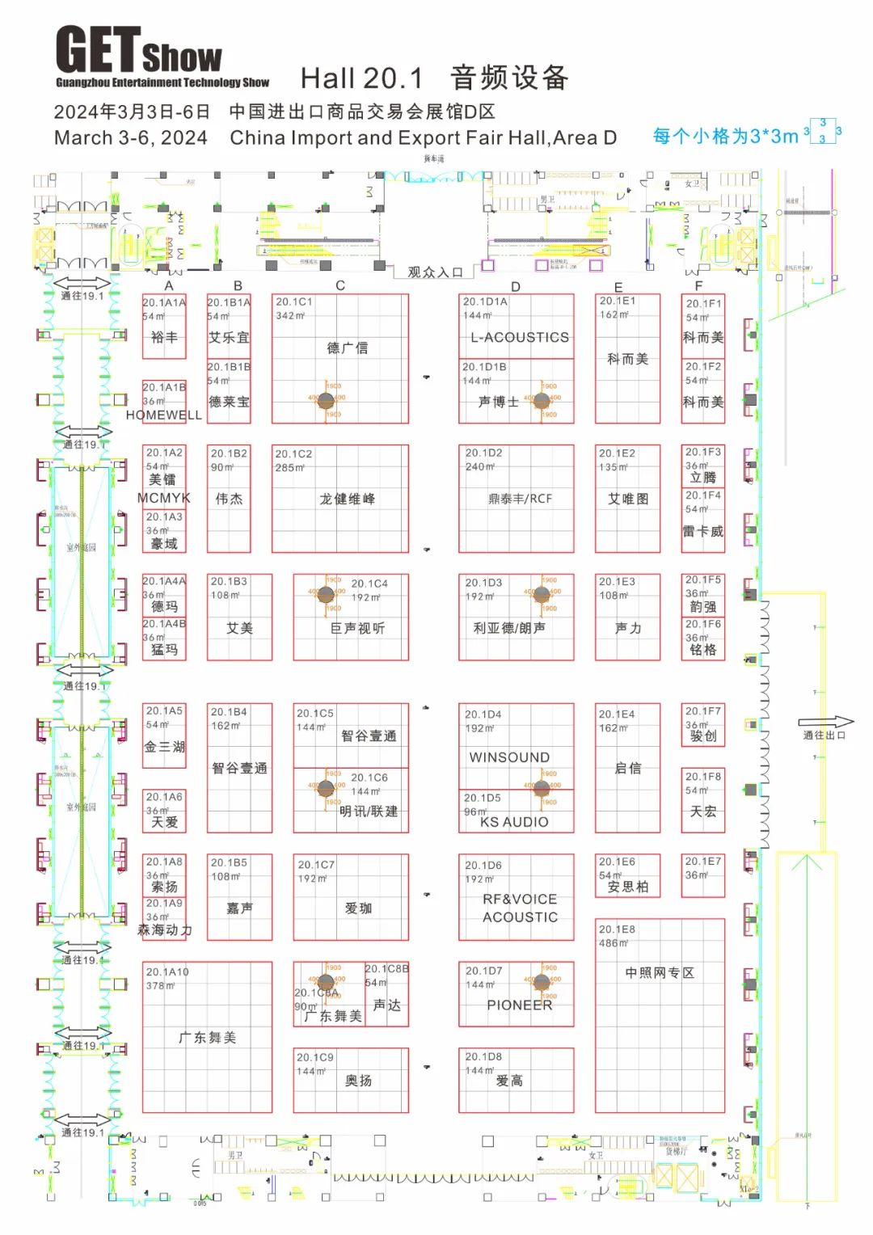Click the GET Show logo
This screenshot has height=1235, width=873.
point(162,57)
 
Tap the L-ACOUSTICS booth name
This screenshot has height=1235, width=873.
point(520,338)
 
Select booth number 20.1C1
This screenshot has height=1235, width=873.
point(293,302)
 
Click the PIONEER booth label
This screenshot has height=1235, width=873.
point(519,1005)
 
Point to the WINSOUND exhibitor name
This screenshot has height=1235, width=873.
point(509,758)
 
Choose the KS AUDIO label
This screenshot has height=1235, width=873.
point(514,822)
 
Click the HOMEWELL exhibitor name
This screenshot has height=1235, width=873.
point(163,415)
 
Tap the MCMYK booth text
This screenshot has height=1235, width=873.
point(163,498)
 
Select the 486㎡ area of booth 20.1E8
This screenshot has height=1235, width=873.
point(614,943)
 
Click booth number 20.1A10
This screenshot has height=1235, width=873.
point(167,972)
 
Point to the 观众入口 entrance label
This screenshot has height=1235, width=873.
point(435,272)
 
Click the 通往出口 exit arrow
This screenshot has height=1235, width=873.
point(825,723)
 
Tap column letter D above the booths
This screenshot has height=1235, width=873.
point(516,286)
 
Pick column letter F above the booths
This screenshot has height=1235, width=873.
point(698,285)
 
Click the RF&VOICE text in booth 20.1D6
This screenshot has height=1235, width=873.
point(519,900)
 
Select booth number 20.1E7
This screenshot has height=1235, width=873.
point(702,862)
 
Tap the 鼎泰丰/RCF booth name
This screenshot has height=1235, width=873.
point(520,499)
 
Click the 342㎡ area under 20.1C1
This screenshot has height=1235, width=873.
point(289,316)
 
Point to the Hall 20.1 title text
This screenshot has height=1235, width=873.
point(361,78)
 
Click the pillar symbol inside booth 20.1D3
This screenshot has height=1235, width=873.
point(542,594)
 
